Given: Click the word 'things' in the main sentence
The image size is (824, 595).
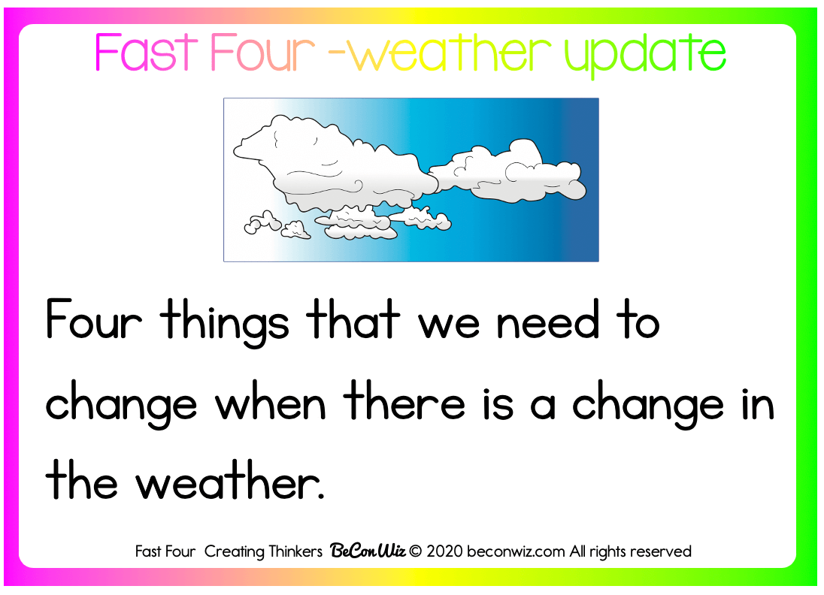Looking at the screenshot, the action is [x=225, y=322].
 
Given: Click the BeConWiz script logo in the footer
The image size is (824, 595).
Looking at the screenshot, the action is [x=368, y=551].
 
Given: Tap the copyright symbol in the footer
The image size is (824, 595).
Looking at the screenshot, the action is [x=415, y=551].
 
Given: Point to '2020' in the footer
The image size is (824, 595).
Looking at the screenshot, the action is [x=444, y=551].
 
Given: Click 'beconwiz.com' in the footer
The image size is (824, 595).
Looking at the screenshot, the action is [x=516, y=551].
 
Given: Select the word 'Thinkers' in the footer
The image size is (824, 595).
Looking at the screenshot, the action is [x=295, y=551].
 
